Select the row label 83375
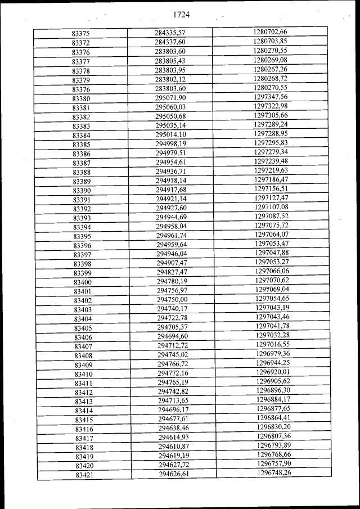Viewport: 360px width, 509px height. point(81,34)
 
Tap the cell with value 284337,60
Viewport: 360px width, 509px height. point(170,42)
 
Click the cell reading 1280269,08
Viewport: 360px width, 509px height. point(271,60)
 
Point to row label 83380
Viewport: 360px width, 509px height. point(82,99)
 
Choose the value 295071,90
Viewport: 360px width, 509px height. point(170,98)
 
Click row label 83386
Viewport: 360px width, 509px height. point(82,154)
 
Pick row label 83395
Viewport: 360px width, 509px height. point(82,236)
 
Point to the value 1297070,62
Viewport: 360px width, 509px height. point(272,280)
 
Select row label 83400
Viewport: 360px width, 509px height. point(83,282)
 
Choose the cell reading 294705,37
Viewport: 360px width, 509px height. point(172,327)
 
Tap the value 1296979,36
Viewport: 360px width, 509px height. point(273,354)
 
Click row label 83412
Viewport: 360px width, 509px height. point(83,393)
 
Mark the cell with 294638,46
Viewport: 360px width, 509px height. point(173,429)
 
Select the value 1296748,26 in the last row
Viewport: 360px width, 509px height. point(274,473)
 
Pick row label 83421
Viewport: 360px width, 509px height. point(84,475)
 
